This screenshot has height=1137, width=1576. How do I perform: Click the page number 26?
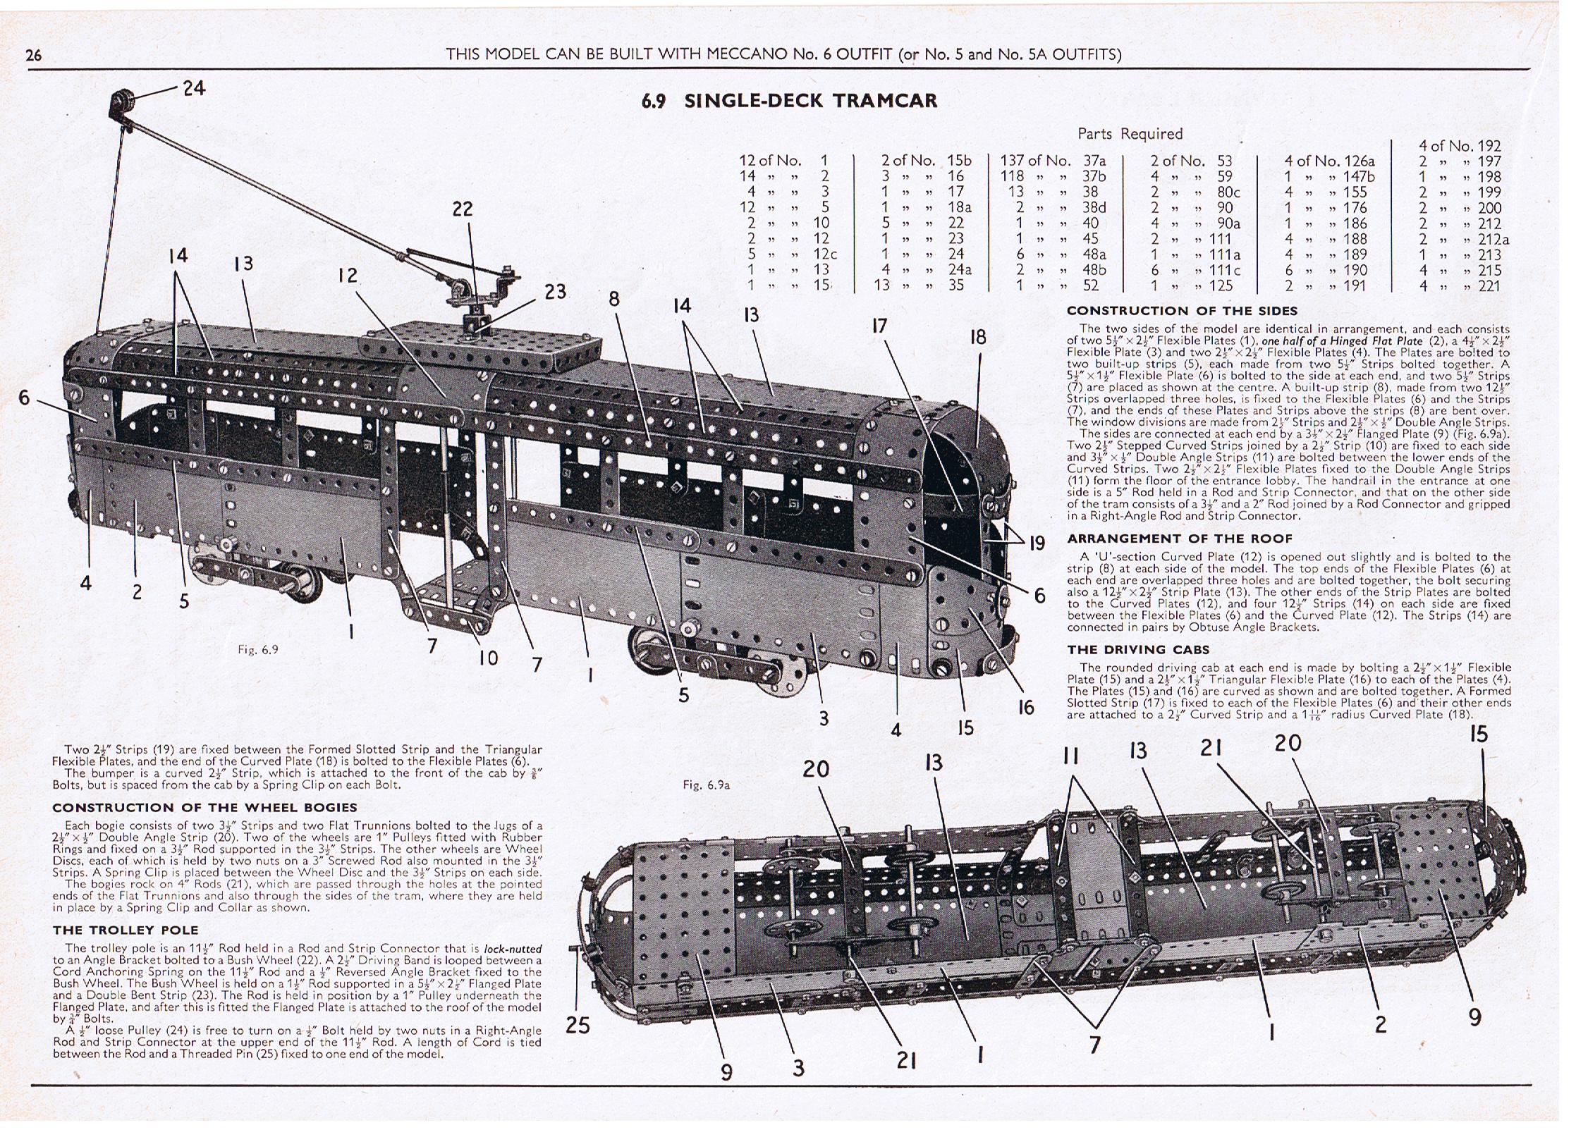coord(33,55)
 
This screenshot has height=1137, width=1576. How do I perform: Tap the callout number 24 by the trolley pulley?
coord(194,88)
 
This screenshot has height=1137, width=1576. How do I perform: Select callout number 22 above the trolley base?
coord(463,209)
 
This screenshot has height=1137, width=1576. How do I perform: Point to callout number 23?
coord(555,291)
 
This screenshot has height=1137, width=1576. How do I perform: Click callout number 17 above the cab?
coord(879,326)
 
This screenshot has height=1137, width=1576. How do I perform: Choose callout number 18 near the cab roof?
coord(977,337)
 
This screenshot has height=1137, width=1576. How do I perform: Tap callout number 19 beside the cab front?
coord(1037,543)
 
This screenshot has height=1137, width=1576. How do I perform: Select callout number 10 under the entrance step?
coord(488,658)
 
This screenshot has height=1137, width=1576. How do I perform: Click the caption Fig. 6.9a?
coord(706,785)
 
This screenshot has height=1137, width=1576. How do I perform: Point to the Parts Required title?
coord(1130,134)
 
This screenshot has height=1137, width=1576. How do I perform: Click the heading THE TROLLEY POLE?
coord(126,930)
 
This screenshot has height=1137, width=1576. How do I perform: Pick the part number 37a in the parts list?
coord(1095,161)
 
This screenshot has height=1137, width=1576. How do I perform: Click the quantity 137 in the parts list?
coord(1014,161)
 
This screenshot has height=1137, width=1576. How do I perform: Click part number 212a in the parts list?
coord(1493,240)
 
